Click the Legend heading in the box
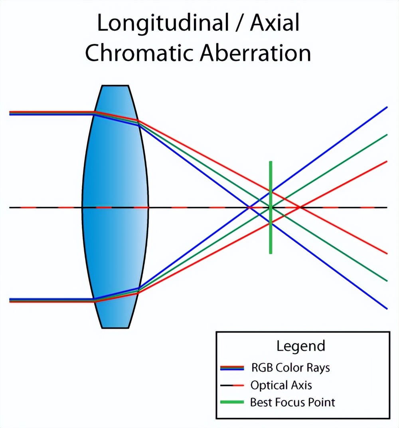click(301, 346)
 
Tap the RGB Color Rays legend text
click(290, 367)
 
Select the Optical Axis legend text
click(281, 385)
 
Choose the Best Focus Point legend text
click(292, 402)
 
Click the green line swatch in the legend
click(232, 402)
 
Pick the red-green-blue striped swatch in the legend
click(232, 367)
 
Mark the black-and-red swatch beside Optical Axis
click(232, 385)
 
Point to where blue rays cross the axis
click(249, 208)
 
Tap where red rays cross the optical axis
click(300, 208)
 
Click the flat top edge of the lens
click(115, 85)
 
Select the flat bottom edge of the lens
click(115, 328)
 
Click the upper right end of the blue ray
click(386, 107)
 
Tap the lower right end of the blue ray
click(386, 308)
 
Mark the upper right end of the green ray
click(386, 135)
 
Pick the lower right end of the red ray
click(386, 253)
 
